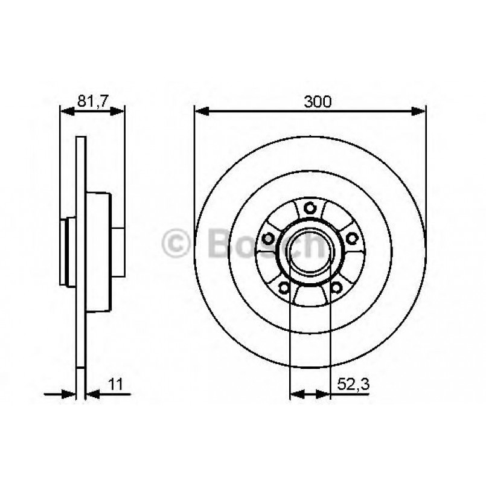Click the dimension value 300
click(x=318, y=101)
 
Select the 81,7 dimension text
click(x=92, y=101)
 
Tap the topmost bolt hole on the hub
click(x=310, y=208)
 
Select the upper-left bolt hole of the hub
click(x=268, y=237)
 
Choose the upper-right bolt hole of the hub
click(x=351, y=237)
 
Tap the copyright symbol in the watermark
click(x=176, y=244)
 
